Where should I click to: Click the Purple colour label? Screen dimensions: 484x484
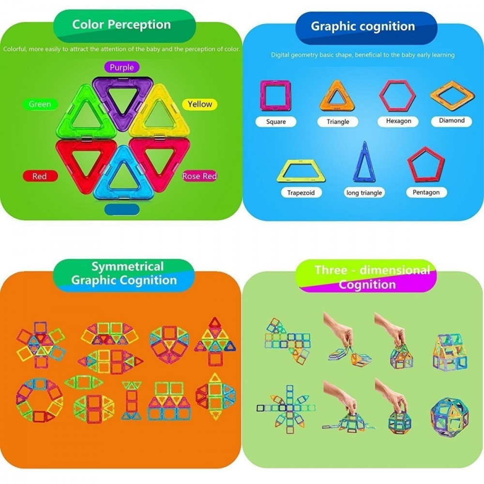click(121, 67)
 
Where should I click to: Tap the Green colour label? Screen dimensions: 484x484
click(40, 105)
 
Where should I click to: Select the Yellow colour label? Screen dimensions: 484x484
click(200, 105)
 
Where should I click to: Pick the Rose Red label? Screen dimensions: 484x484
click(199, 176)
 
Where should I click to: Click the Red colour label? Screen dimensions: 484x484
click(40, 176)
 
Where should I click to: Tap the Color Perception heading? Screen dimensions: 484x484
click(121, 24)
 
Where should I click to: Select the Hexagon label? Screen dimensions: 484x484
click(398, 121)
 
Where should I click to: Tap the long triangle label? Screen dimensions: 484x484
click(364, 193)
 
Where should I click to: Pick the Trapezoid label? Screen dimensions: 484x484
click(301, 193)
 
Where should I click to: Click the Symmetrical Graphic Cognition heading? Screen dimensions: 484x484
click(124, 273)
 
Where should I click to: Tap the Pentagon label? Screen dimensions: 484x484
click(426, 192)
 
